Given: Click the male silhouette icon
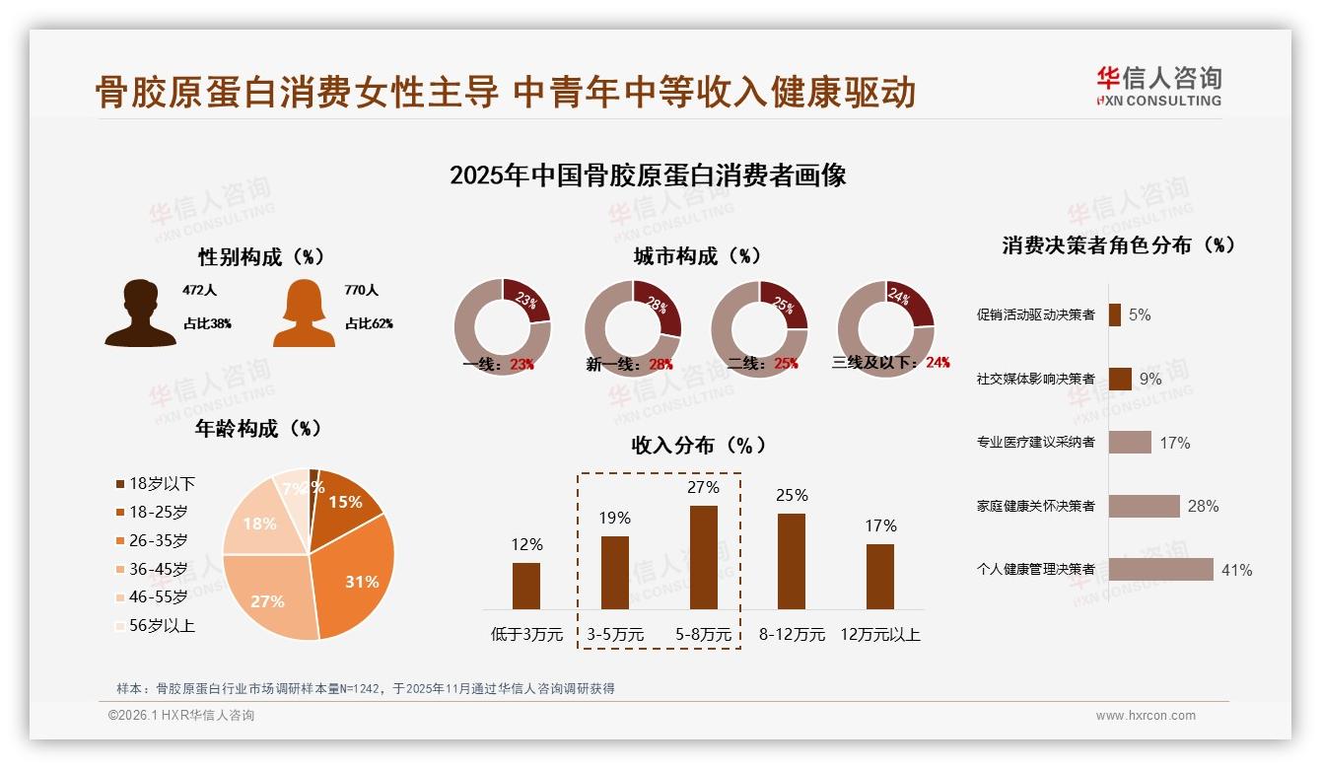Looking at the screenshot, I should click(140, 314).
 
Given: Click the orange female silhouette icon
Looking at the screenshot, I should click(304, 314).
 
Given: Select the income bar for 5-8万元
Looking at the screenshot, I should click(703, 557).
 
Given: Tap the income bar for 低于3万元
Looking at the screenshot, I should click(526, 586).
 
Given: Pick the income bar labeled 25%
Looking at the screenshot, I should click(791, 561).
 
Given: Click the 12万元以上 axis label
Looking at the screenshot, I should click(879, 635).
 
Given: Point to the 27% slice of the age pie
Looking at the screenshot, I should click(271, 596).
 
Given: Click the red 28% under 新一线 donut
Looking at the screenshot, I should click(660, 364).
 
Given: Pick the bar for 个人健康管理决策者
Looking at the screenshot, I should click(1160, 570).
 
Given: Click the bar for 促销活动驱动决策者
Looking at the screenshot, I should click(1114, 315).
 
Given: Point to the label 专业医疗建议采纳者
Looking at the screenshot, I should click(1035, 443).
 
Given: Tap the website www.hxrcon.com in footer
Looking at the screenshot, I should click(1146, 716).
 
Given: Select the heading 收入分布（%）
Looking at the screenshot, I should click(698, 445).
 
